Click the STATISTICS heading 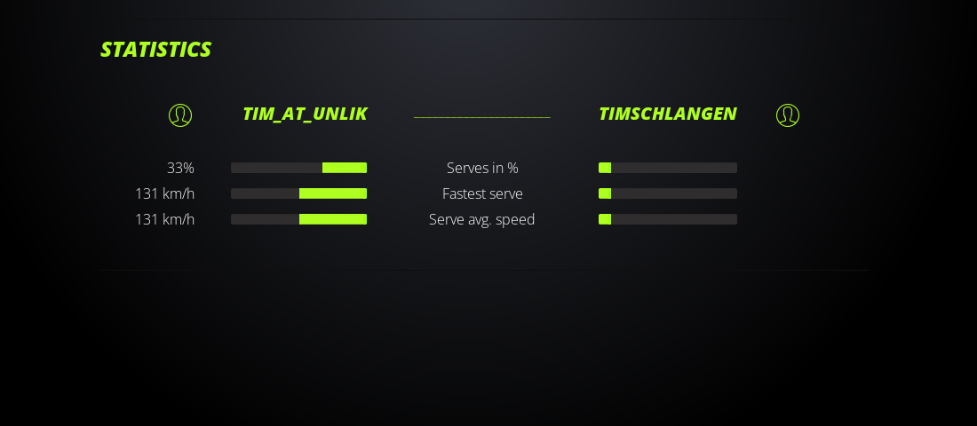point(155,50)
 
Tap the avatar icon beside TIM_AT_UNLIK point(180,105)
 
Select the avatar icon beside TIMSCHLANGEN point(788,105)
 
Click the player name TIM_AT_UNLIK point(305,114)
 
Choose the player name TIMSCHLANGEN point(667,114)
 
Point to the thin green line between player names point(481,116)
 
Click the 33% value point(180,168)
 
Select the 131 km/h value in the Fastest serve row point(164,193)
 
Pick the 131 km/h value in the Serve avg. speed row point(164,219)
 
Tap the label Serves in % point(482,168)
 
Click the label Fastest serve point(482,193)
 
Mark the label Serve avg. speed point(481,219)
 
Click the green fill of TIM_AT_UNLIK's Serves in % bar point(345,168)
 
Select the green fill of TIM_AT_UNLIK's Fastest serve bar point(333,193)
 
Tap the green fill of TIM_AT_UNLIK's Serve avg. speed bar point(333,219)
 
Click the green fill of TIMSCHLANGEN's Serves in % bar point(605,168)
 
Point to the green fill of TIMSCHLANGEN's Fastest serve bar point(605,193)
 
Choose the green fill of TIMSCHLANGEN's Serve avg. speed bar point(605,219)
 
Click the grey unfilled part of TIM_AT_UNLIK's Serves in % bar point(276,168)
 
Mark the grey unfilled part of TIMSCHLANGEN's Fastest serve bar point(674,193)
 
